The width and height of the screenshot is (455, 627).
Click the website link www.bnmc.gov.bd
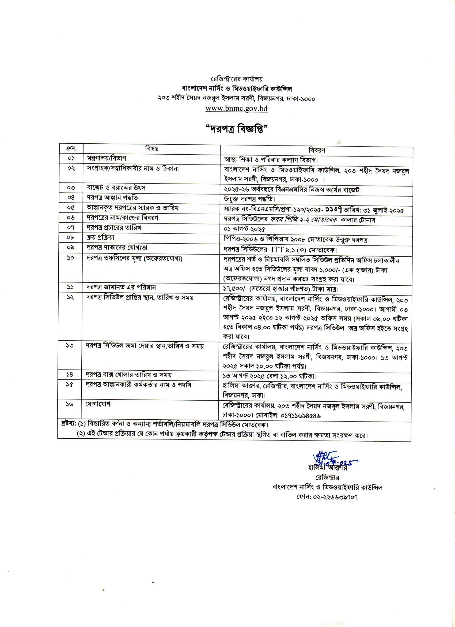tap(236, 108)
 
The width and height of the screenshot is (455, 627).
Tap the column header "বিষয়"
tap(151, 149)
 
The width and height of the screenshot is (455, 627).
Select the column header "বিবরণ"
tap(316, 150)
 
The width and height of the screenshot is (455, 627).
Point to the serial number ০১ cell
tap(71, 159)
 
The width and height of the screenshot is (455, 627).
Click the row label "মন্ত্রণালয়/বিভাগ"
tap(107, 158)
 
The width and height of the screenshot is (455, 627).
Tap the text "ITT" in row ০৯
tap(277, 250)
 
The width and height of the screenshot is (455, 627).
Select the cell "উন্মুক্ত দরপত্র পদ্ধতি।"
tap(250, 199)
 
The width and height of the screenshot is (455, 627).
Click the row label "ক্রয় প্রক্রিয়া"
tap(100, 237)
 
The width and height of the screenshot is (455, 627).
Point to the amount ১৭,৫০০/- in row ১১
tap(235, 289)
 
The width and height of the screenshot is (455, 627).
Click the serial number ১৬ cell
tap(69, 404)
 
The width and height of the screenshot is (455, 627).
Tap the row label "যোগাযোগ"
tap(98, 404)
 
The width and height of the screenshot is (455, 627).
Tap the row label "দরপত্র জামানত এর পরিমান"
tap(121, 288)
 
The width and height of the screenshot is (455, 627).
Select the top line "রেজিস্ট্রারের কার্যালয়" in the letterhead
tap(237, 79)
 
